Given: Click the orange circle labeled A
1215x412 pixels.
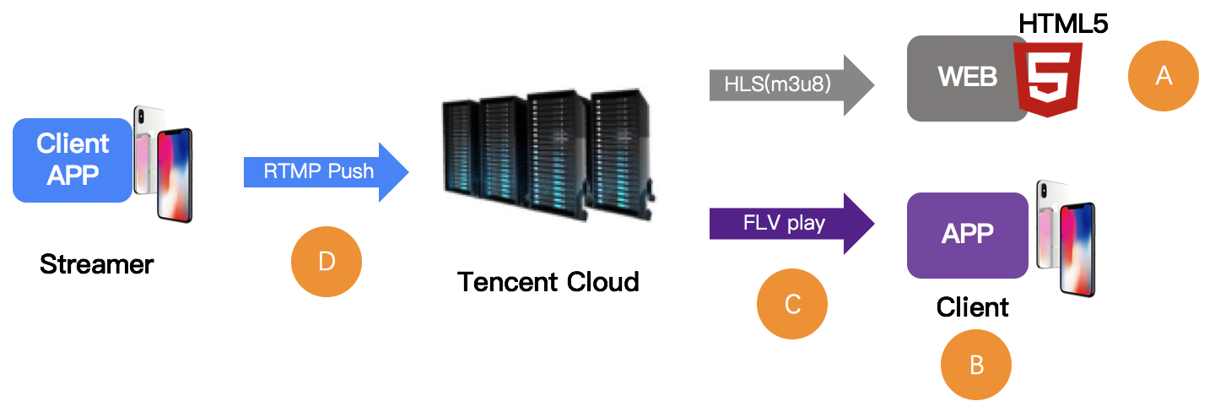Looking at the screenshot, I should point(1164,76).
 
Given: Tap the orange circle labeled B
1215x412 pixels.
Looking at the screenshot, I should point(976,364).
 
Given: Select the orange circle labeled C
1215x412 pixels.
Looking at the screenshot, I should point(792,304).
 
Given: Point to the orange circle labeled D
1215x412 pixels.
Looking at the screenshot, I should point(326,262).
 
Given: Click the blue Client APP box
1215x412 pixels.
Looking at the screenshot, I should point(73,160).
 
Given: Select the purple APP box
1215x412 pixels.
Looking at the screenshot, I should point(967,235).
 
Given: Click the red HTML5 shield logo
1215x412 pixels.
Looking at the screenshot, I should point(1049,81).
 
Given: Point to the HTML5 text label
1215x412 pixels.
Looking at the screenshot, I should point(1062,23).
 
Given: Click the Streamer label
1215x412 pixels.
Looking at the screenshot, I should point(96,264).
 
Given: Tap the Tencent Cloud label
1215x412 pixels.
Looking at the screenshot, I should point(548,281).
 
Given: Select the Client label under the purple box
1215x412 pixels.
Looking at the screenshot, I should point(972,306).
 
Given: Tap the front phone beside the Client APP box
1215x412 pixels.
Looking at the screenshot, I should point(174,176).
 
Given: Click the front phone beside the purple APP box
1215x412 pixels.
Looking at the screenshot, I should point(1077,250).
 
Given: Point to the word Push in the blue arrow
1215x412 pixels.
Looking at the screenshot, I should point(352,172).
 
